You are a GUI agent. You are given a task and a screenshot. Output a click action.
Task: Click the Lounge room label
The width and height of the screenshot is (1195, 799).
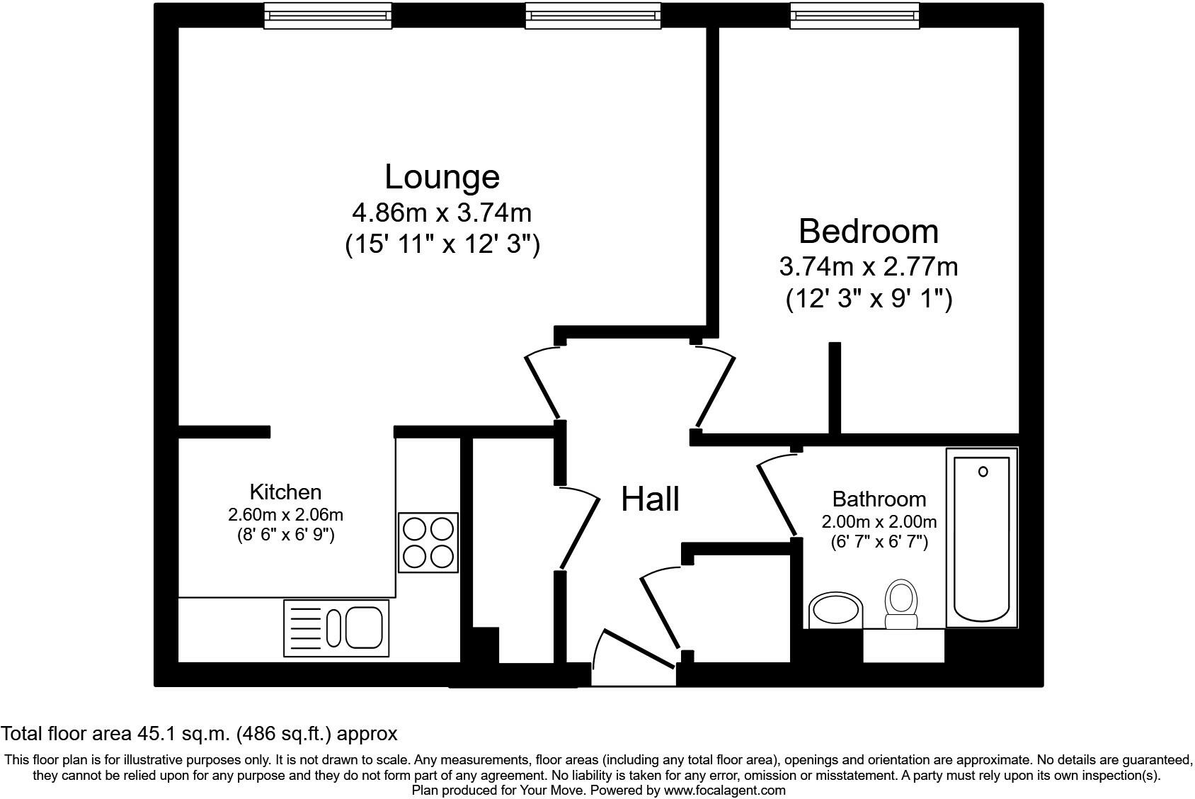pos(442,176)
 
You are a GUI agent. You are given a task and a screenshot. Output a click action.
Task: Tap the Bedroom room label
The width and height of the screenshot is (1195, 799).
pos(869,231)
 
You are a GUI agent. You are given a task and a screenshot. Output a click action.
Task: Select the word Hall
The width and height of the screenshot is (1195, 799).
pos(650,499)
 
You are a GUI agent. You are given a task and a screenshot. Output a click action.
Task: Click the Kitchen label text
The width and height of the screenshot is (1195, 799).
pos(285,492)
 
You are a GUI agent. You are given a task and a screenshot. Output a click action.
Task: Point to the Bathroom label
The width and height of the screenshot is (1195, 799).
pos(879,499)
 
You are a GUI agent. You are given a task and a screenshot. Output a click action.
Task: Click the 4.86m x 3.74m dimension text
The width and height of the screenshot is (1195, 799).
pos(442,212)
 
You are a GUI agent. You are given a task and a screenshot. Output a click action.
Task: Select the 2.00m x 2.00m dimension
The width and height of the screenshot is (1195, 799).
pos(879,522)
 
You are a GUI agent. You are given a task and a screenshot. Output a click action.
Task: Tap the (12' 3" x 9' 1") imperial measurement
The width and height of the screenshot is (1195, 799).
pos(869,299)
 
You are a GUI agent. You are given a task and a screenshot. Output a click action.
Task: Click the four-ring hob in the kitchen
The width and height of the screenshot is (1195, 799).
pos(428,543)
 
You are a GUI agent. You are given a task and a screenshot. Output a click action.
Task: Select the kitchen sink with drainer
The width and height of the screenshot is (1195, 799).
pos(336,628)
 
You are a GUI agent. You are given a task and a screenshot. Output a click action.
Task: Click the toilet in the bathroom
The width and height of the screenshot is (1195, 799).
pos(901,605)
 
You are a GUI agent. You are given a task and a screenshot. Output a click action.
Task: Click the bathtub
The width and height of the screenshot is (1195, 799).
pos(982,538)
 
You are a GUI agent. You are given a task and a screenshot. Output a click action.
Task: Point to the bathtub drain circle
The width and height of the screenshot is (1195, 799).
pos(983,472)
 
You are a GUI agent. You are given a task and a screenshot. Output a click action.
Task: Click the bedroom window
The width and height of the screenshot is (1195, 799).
pos(854,16)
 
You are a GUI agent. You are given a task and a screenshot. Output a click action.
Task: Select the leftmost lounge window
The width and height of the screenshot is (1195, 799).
pos(328,16)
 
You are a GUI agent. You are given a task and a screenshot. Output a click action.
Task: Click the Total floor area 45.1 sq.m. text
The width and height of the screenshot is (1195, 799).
pos(199,733)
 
